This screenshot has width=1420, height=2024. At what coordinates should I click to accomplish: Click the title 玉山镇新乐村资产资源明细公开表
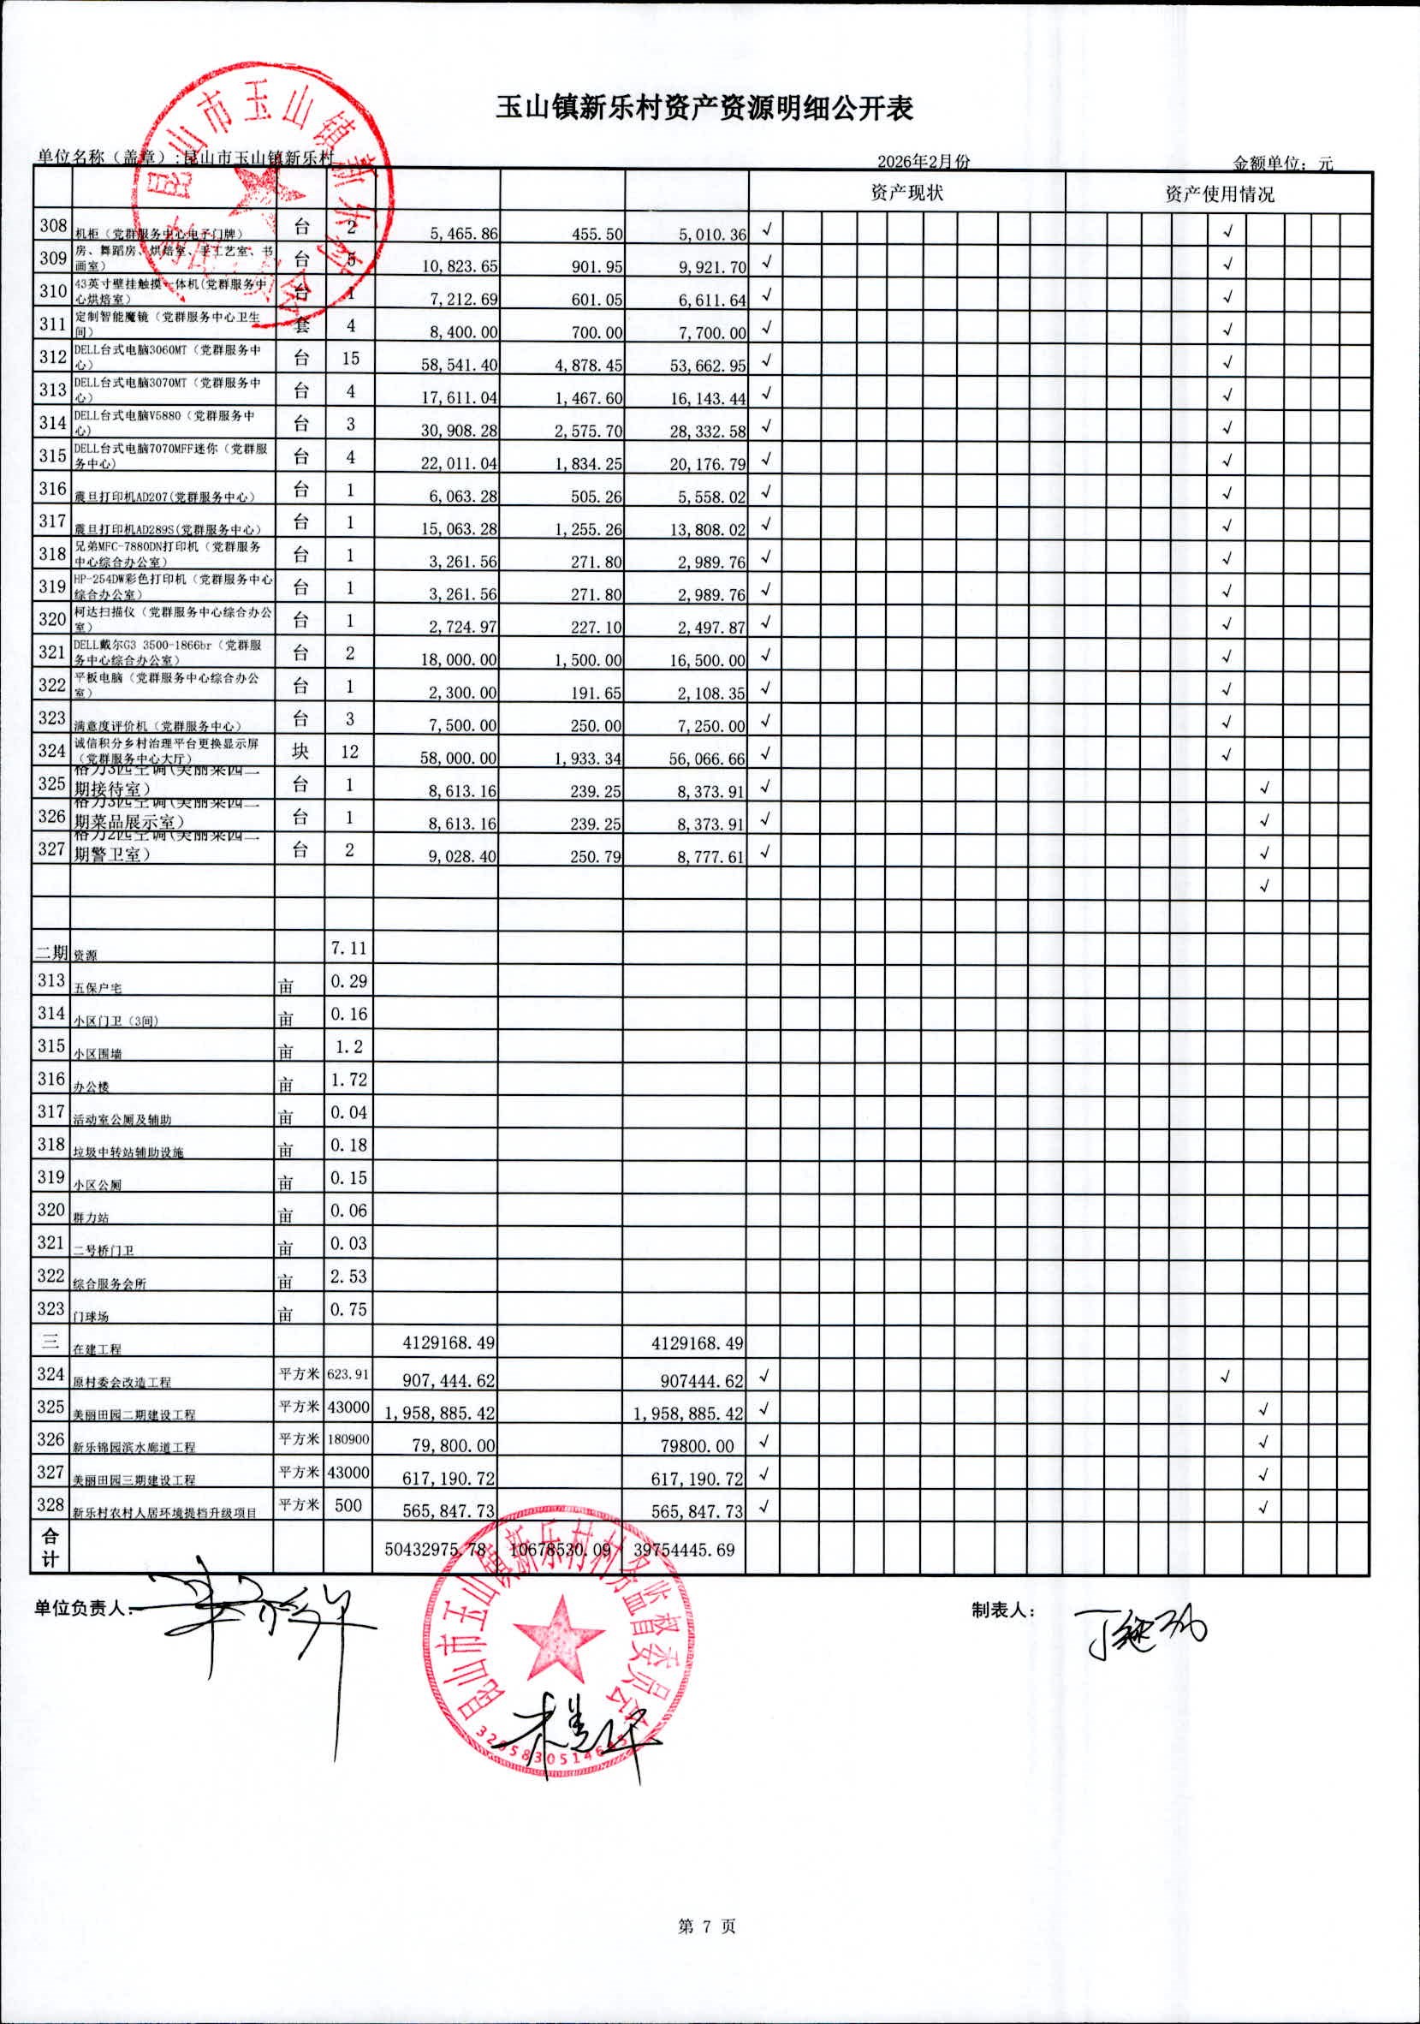click(704, 109)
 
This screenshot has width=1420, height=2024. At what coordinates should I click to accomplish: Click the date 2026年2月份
click(923, 161)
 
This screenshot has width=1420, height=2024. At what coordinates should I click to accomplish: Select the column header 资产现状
click(906, 193)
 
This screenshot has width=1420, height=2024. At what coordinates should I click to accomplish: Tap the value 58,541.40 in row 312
click(463, 365)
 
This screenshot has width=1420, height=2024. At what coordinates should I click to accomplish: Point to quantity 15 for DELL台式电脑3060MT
click(350, 358)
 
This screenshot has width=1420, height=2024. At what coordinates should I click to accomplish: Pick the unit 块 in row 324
click(300, 751)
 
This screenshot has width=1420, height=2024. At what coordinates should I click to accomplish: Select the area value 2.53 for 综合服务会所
click(348, 1277)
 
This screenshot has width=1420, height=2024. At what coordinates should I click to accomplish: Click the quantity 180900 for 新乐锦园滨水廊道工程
click(348, 1438)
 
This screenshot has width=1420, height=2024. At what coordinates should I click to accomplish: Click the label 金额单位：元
click(1282, 162)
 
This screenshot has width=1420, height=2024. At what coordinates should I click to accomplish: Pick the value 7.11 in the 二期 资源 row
click(348, 949)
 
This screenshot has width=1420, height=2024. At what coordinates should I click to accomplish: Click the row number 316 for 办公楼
click(51, 1079)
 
